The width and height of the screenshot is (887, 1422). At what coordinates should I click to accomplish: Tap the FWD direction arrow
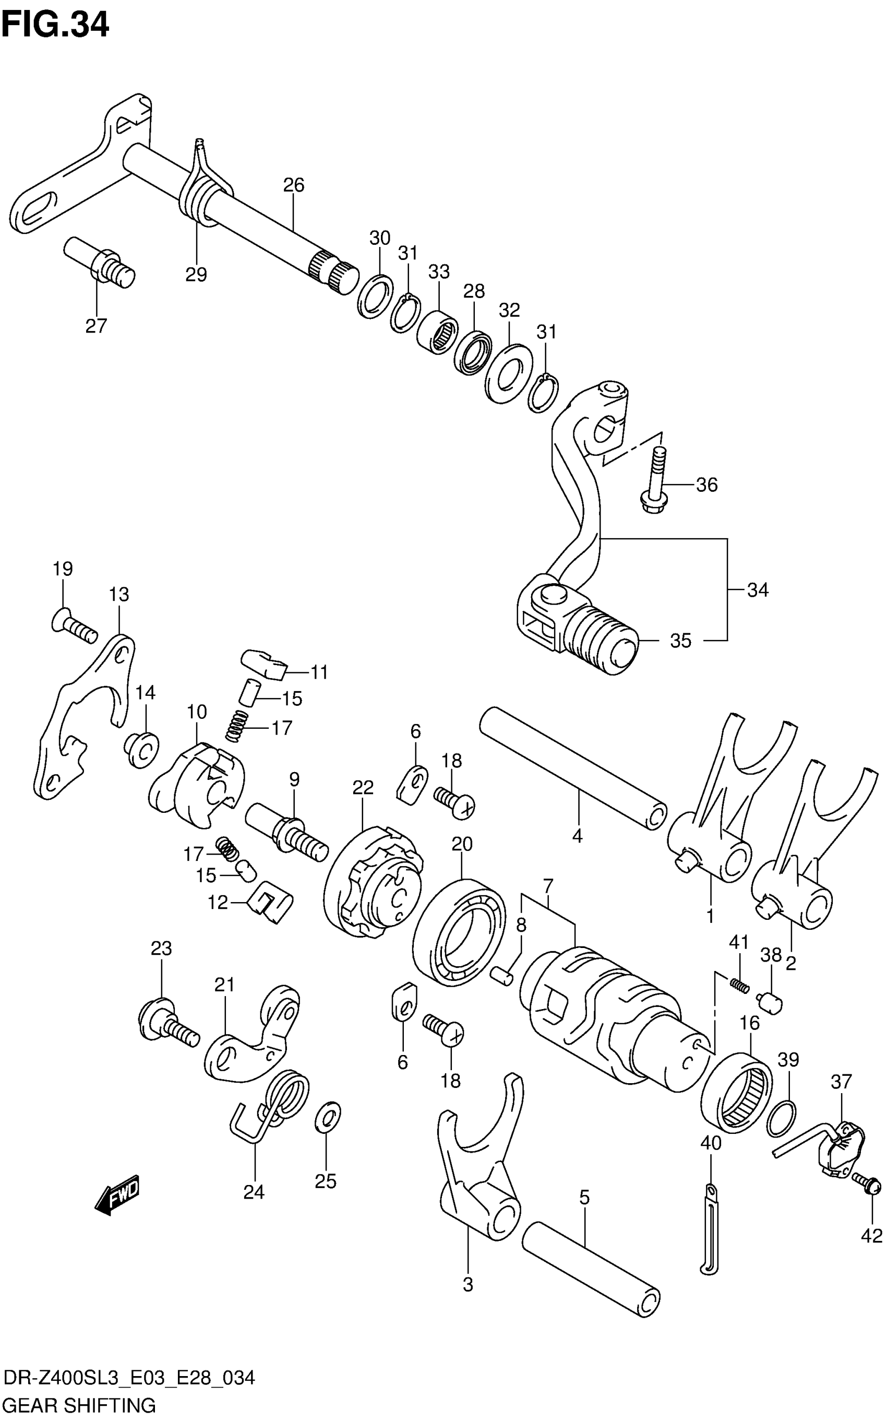pos(117,1194)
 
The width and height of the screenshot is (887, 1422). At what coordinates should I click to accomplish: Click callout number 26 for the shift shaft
pos(293,185)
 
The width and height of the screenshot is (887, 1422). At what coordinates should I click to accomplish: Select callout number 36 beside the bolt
pos(706,485)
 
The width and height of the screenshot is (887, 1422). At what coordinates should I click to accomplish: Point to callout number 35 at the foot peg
pos(680,641)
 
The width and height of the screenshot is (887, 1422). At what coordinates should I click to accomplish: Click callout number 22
pos(363,787)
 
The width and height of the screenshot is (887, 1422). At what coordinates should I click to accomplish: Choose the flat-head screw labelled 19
pos(74,627)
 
